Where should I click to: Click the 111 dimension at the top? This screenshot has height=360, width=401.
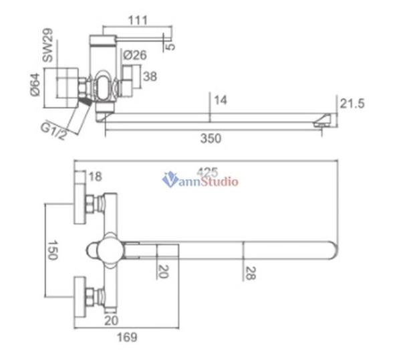(138, 21)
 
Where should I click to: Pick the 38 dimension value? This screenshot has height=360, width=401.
(150, 77)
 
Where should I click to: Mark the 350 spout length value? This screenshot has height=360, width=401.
(211, 139)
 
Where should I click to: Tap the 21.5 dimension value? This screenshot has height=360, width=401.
(352, 104)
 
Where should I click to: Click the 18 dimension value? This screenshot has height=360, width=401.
(94, 177)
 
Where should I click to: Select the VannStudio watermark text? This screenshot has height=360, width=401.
(200, 179)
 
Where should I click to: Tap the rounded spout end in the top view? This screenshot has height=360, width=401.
(332, 250)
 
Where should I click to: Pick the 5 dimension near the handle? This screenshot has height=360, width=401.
(171, 46)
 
